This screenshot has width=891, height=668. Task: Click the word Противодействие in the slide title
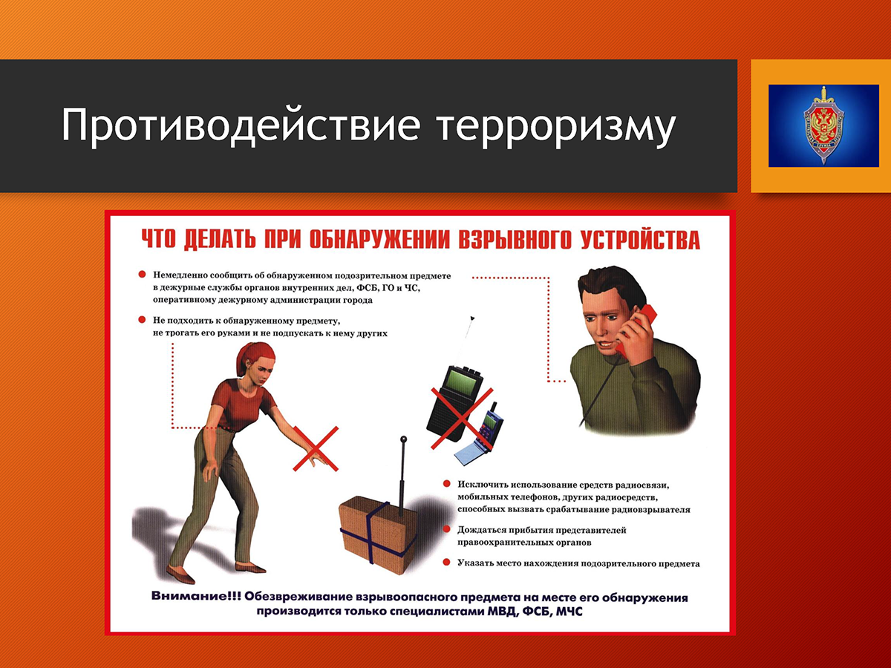[241, 125]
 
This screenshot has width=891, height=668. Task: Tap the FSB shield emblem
[823, 125]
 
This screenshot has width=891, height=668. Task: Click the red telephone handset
[636, 328]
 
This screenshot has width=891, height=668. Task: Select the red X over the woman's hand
[316, 448]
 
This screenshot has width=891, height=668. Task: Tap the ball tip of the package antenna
[403, 439]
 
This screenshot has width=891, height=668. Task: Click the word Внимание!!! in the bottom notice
[196, 596]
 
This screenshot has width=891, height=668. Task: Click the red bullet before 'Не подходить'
[142, 320]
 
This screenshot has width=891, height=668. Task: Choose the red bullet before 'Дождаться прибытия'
[446, 529]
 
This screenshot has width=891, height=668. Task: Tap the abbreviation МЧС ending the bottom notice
[569, 612]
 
